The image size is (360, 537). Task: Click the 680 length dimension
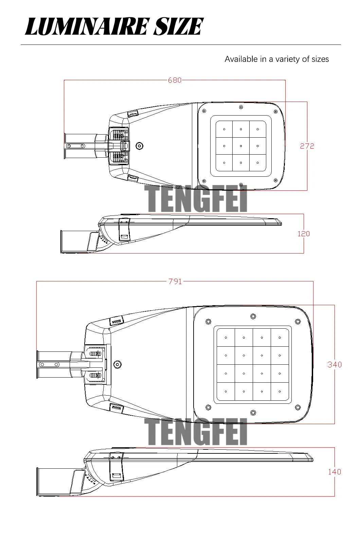pos(175,80)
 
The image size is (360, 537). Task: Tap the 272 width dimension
pos(307,146)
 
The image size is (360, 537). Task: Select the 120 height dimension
pos(304,234)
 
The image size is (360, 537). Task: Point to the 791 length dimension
pos(175,281)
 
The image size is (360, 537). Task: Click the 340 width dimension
pos(335,365)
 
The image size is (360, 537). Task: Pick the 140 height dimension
pos(335,472)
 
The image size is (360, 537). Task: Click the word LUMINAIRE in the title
pos(87,27)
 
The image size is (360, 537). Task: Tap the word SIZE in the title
pos(178,27)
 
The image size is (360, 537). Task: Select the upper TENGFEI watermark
pos(196,198)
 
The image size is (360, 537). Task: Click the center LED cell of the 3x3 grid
pos(241,146)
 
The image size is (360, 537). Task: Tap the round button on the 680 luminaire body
pos(139,146)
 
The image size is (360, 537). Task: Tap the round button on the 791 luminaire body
pos(118,365)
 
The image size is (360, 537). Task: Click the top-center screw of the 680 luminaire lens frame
pos(241,107)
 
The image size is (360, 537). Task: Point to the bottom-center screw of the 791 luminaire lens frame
pos(253,413)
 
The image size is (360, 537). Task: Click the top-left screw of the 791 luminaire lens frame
pos(209,322)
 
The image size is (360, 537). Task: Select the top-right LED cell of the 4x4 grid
pos(280,337)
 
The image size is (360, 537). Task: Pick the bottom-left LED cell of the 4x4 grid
pos(226,392)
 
